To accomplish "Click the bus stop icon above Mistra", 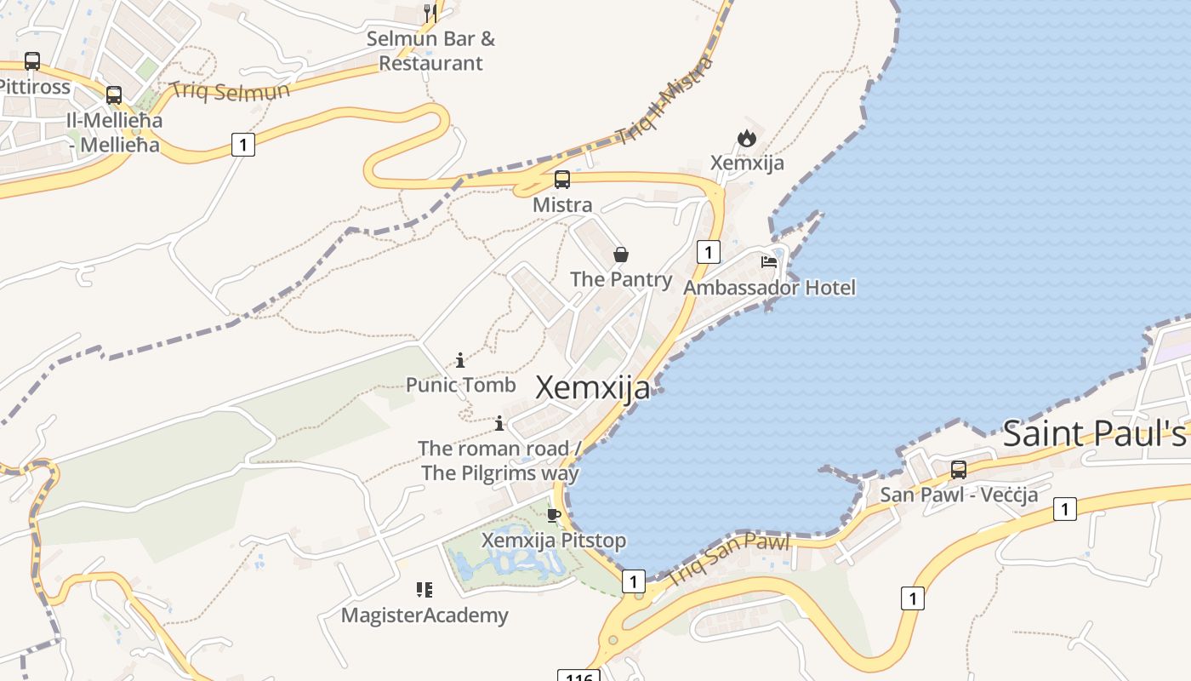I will click(562, 180).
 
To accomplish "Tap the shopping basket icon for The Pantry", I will click(621, 255).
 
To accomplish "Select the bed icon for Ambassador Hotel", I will click(769, 262).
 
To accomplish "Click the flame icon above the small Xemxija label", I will click(747, 138).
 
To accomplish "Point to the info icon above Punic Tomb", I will click(460, 360).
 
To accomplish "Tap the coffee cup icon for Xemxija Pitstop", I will click(554, 515).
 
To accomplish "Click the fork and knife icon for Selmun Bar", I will click(430, 13).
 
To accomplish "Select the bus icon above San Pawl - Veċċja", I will click(959, 470).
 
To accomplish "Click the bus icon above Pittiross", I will click(32, 61).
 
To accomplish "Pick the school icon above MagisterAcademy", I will click(425, 590).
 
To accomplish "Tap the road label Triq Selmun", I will click(230, 90).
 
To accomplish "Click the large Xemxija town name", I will click(593, 388).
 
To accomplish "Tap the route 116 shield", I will click(578, 676).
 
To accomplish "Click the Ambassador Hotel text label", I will click(769, 288).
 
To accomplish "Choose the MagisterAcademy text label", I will click(425, 615).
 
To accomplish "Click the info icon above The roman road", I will click(499, 423).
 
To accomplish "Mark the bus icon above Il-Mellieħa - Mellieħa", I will click(114, 95).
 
